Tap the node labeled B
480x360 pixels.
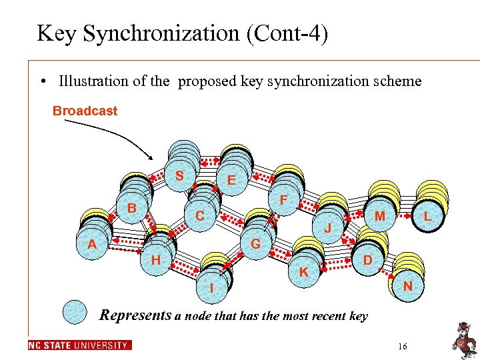(x=132, y=209)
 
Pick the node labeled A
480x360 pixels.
(x=92, y=245)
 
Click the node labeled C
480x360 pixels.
(x=199, y=216)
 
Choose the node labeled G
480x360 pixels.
(x=255, y=245)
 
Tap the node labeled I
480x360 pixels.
(x=212, y=289)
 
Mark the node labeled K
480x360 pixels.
(x=303, y=272)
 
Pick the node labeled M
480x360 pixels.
(x=379, y=216)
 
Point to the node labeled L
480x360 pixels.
(x=427, y=216)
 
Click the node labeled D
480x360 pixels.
(x=367, y=259)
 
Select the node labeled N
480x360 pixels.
(x=407, y=286)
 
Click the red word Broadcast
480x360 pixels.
(x=85, y=111)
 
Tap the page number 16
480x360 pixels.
(x=402, y=346)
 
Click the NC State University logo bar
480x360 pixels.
(x=80, y=345)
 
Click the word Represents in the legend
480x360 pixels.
(x=135, y=315)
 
